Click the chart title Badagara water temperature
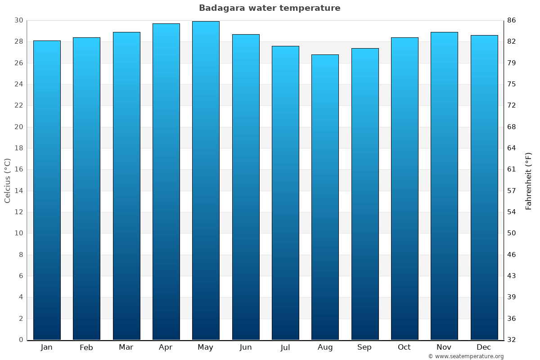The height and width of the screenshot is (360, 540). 270,8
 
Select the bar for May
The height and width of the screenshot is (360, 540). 206,180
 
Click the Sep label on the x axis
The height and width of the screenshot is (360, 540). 364,347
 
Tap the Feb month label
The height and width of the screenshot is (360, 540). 86,347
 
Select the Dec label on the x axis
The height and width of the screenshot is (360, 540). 484,347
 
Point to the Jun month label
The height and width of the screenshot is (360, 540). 246,347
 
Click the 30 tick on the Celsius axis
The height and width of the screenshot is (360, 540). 18,20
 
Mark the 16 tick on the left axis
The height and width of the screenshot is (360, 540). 18,169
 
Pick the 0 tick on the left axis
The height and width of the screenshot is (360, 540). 21,340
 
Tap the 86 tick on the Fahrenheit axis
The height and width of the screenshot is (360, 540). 512,20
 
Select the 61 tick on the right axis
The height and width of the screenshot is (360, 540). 512,169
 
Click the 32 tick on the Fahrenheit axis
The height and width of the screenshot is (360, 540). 512,340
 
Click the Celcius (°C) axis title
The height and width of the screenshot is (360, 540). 7,180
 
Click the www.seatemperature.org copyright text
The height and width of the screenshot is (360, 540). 466,356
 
